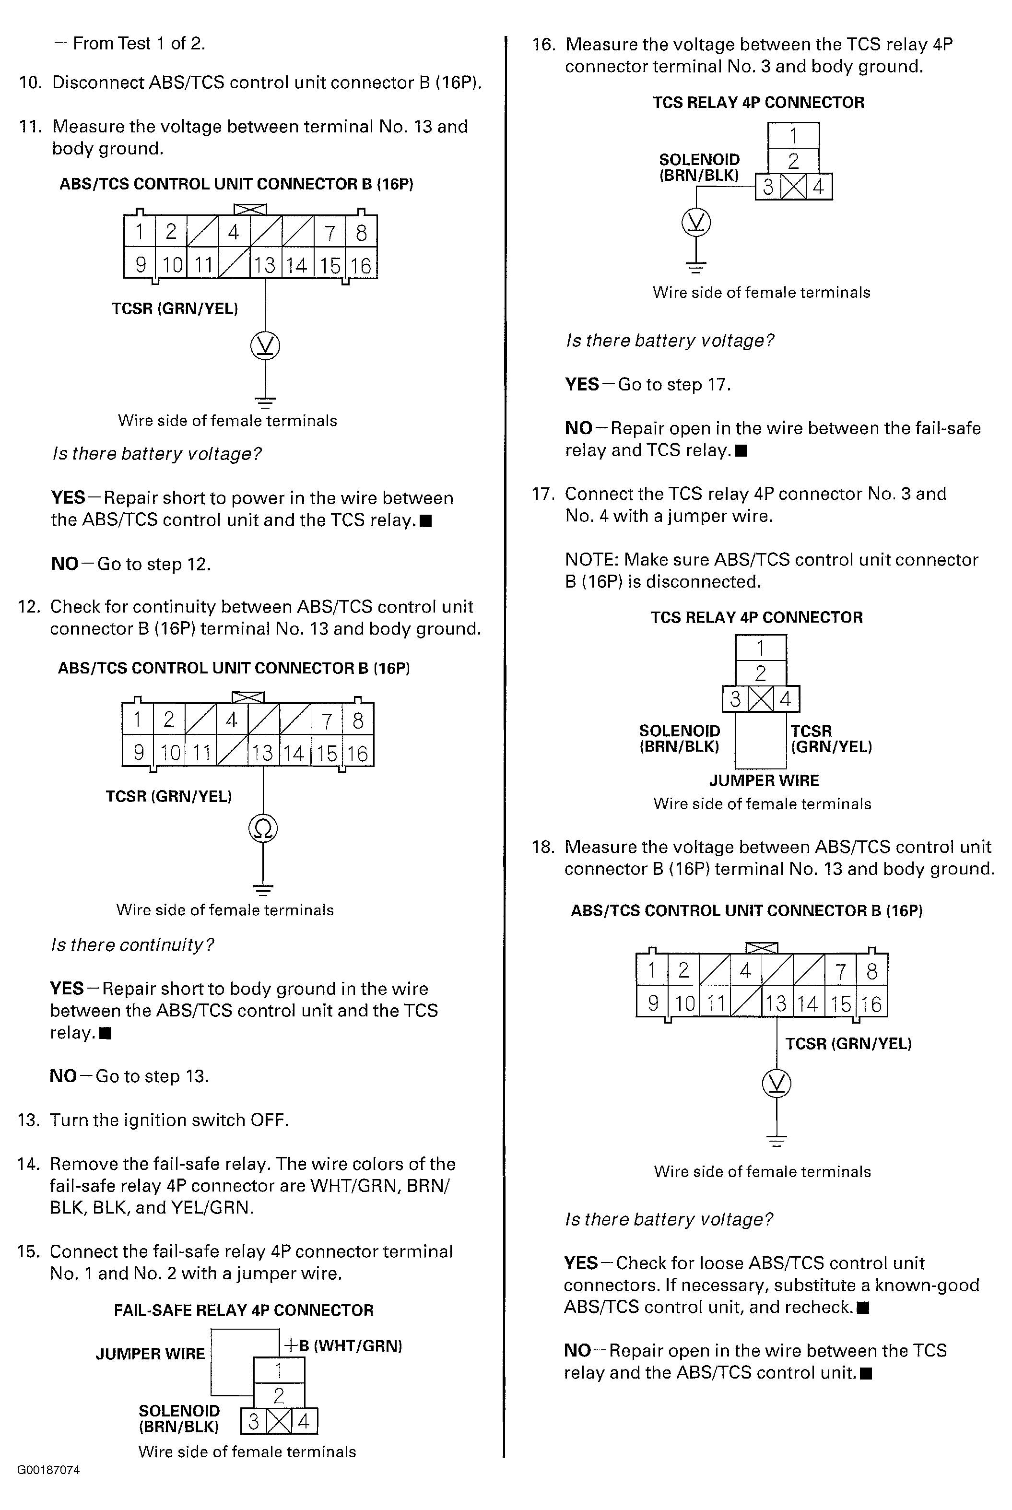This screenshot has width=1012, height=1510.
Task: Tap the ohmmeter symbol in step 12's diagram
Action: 263,828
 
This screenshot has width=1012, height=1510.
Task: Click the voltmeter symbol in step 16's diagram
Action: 696,223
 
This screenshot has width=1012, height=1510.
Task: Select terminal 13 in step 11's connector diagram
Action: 265,265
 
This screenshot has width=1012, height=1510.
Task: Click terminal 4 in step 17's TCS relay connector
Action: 786,699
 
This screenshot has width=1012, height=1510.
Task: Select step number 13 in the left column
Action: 29,1120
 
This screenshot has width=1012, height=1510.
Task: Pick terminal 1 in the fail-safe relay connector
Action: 278,1370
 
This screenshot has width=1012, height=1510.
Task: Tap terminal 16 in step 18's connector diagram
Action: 871,1004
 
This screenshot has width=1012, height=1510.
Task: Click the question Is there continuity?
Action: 132,945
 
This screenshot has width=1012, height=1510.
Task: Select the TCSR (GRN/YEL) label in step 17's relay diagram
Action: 831,739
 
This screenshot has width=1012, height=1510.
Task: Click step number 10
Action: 30,83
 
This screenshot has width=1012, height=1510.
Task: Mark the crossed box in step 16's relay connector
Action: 793,187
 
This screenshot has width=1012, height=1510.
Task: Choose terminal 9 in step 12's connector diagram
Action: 138,753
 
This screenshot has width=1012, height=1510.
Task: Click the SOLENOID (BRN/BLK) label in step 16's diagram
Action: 699,167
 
